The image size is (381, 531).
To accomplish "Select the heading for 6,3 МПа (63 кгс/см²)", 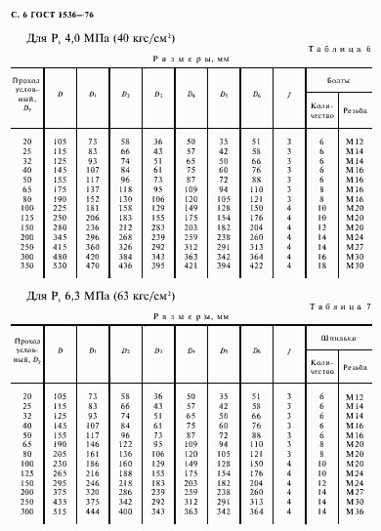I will coord(101,295).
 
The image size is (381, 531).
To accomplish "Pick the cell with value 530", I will coord(62,265).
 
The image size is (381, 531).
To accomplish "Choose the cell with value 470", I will coord(94,265).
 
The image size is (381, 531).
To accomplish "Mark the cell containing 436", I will coord(126,265).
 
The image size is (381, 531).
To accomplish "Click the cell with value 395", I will coord(158,265).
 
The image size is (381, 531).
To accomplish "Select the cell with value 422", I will coord(256,265).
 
